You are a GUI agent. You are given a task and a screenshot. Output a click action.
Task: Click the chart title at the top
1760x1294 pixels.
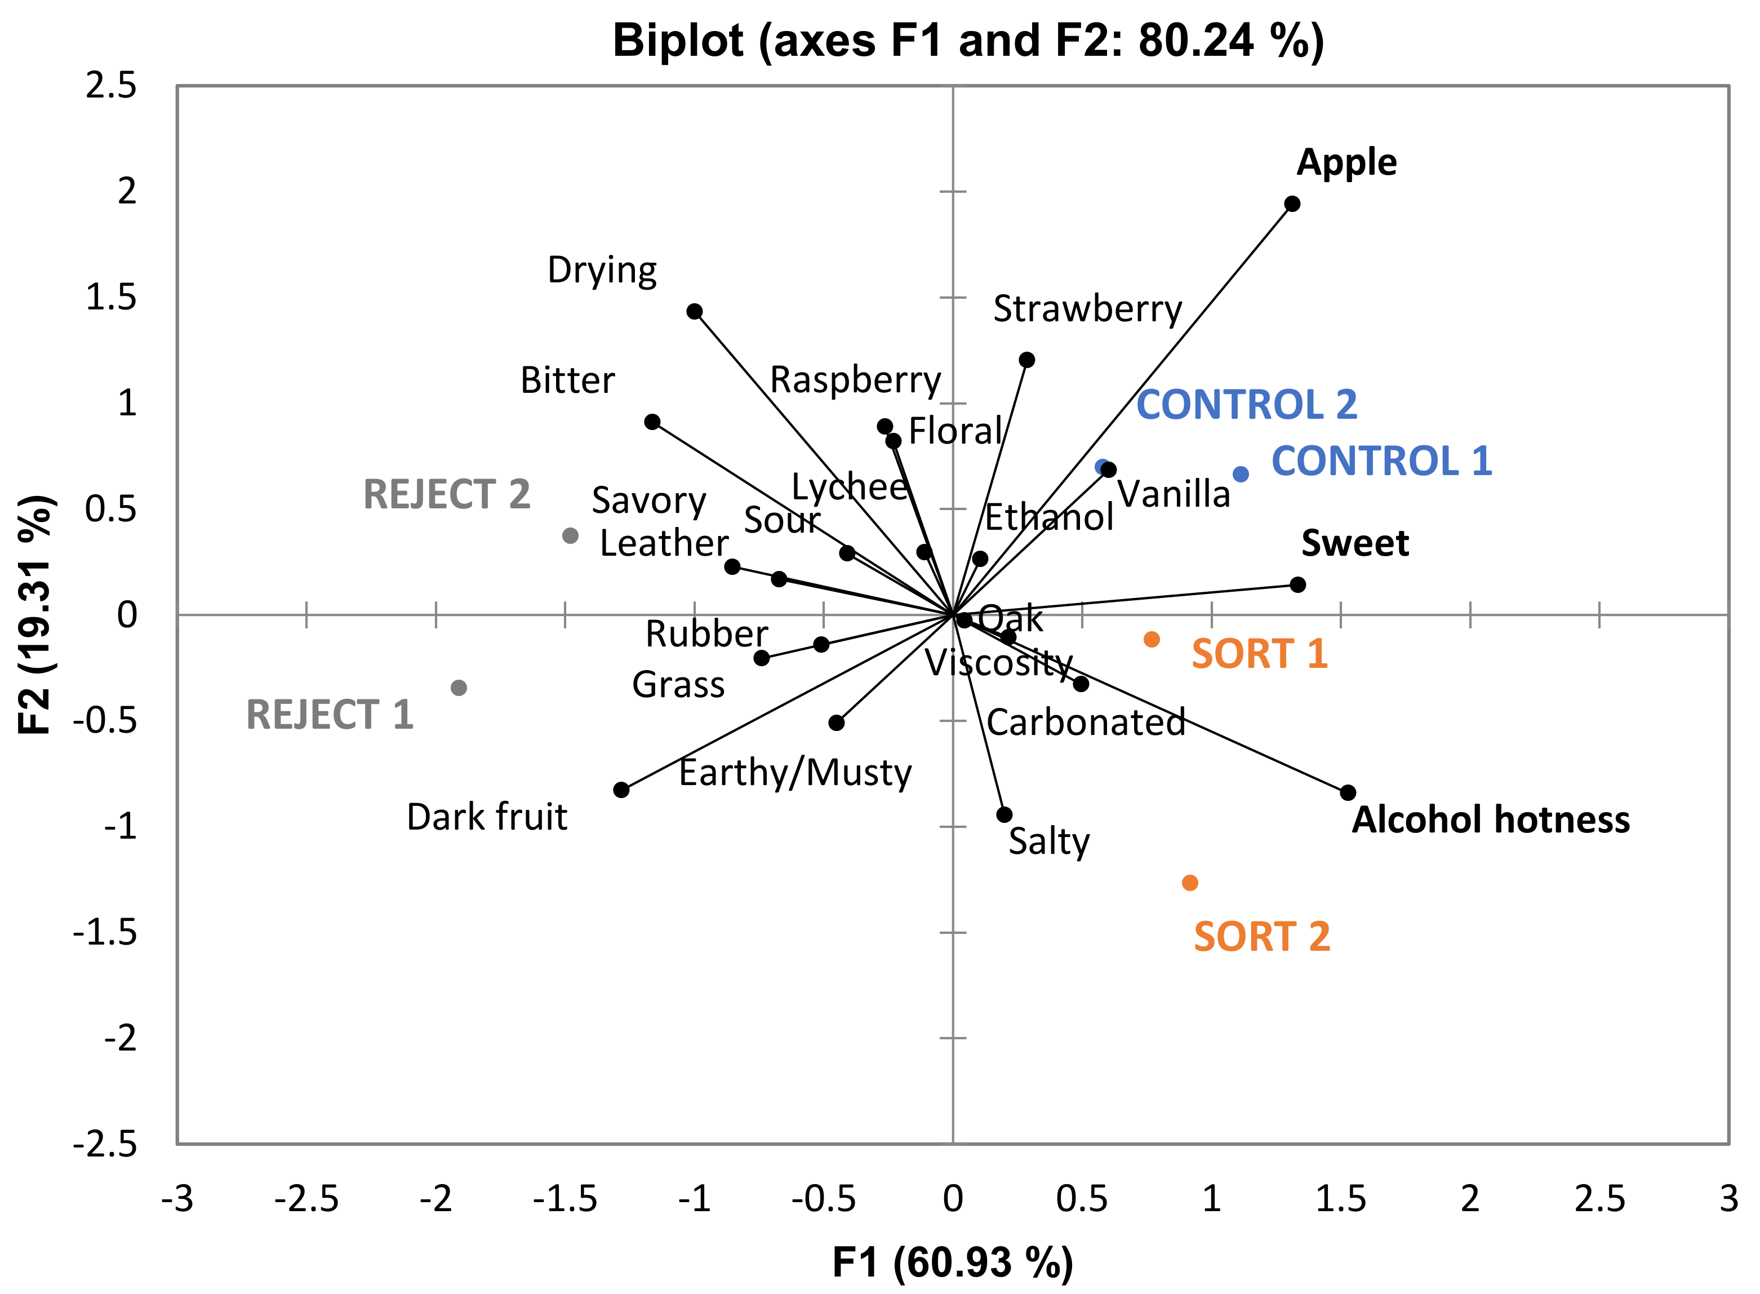(968, 41)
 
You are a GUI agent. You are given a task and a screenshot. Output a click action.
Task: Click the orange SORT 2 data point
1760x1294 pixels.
(1189, 883)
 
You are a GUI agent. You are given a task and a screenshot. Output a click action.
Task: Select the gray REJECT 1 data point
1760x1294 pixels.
(459, 688)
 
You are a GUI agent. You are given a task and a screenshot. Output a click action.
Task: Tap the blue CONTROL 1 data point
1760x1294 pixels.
(1240, 474)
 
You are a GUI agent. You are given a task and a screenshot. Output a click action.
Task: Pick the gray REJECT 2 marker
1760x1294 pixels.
(570, 536)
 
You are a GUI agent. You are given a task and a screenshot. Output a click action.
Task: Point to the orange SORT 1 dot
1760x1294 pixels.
(1151, 639)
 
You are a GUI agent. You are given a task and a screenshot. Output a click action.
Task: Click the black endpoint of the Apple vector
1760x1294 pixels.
(1292, 203)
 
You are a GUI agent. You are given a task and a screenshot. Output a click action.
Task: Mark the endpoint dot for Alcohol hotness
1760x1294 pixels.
(1348, 793)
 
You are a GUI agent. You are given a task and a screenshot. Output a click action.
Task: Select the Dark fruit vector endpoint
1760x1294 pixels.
(621, 790)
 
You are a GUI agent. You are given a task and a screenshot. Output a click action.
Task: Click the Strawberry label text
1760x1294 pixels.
(1087, 309)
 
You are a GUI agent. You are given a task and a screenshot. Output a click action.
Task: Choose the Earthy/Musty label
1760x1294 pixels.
(795, 773)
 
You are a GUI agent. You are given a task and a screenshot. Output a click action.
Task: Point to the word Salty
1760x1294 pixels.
(1048, 842)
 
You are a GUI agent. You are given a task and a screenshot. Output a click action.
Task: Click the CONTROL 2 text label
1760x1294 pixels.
(1246, 405)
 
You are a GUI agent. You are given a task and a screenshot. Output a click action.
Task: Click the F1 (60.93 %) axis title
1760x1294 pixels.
(952, 1262)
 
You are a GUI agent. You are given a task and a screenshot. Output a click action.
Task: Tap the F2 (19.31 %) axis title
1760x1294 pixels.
(35, 614)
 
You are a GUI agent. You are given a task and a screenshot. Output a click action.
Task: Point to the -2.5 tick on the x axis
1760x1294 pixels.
(306, 1198)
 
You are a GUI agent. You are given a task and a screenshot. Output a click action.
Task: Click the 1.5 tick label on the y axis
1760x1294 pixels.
(110, 298)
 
